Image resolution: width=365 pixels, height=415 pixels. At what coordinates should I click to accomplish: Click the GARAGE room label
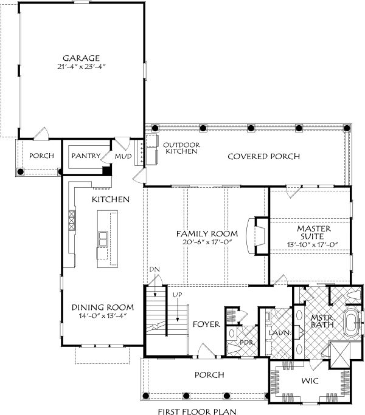tap(81, 58)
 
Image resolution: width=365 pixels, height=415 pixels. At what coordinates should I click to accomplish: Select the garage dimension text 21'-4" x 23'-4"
tap(82, 66)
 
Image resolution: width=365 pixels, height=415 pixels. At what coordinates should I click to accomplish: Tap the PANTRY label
tap(86, 156)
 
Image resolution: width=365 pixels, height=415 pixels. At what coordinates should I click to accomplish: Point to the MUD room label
tap(123, 156)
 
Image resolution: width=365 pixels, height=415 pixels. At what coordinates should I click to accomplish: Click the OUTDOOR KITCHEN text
tap(181, 148)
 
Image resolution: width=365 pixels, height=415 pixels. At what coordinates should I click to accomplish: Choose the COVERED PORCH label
tap(264, 156)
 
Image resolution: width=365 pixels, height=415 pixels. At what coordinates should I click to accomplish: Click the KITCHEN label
tap(111, 199)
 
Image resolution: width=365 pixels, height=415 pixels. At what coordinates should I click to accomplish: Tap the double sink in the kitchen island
tap(103, 239)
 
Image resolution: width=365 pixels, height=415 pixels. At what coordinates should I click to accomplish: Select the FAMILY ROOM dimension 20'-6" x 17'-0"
tap(207, 242)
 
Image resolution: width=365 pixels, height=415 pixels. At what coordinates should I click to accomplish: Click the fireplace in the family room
tap(257, 236)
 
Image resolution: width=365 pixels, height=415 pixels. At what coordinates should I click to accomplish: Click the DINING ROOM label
tap(103, 307)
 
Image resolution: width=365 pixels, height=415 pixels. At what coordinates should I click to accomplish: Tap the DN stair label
tap(155, 270)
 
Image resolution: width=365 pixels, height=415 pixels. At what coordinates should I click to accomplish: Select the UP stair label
tap(178, 295)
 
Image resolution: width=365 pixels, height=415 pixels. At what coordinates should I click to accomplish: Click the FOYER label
tap(206, 324)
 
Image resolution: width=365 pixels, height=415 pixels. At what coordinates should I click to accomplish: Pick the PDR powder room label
tap(246, 343)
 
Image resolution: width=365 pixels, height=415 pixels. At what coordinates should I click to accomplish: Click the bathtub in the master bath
tap(352, 323)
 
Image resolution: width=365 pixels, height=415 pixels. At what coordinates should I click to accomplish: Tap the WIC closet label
tap(310, 381)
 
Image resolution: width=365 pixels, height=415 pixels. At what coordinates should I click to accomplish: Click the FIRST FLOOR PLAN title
tap(197, 411)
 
